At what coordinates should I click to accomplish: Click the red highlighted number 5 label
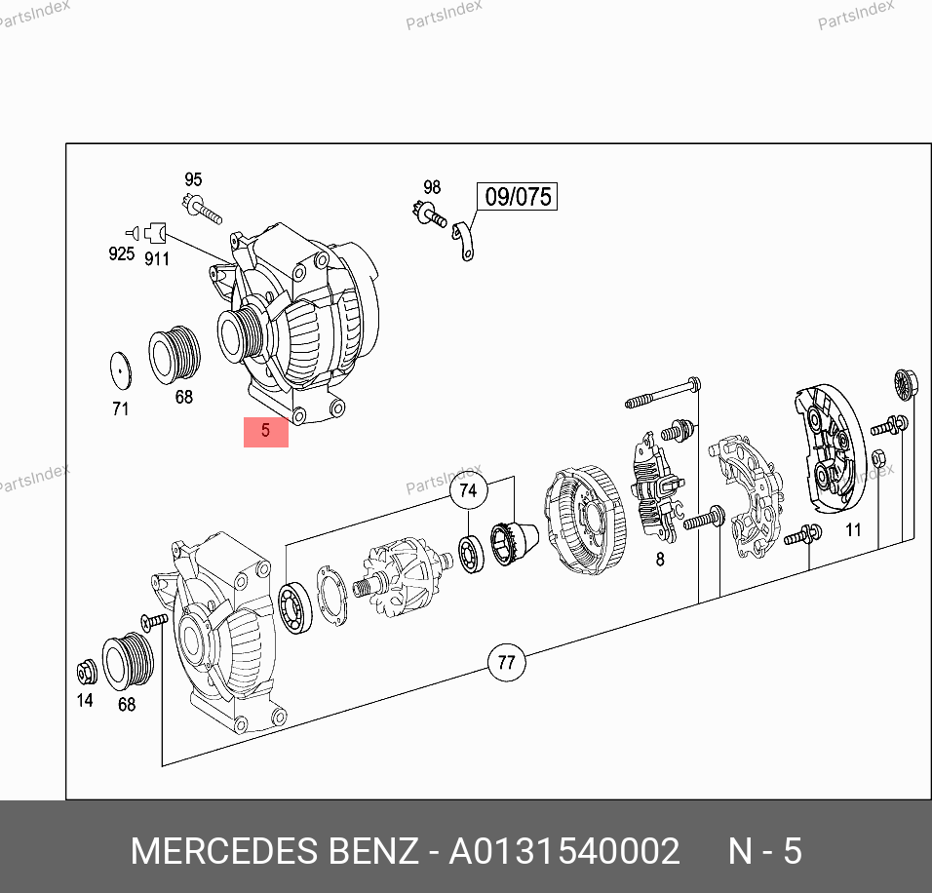tap(266, 432)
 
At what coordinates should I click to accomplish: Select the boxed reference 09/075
tap(517, 196)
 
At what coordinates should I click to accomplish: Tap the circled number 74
tap(468, 490)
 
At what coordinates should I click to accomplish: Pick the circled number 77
tap(506, 662)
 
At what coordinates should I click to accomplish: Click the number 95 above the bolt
tap(193, 179)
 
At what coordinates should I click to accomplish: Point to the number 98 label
tap(432, 187)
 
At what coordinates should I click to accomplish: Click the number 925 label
tap(121, 253)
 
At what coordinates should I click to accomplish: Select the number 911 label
tap(157, 259)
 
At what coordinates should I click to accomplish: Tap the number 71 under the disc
tap(120, 409)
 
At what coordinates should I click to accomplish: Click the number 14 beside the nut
tap(85, 700)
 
